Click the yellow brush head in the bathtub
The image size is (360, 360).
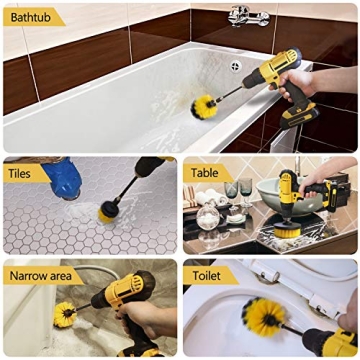click(207, 104)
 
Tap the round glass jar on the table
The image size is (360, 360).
click(210, 213)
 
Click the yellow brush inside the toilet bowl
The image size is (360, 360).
click(261, 318)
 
